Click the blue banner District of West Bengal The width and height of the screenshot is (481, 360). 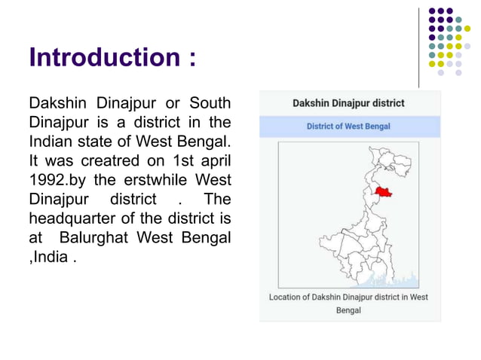click(348, 127)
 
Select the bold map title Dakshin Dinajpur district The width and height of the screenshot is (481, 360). click(348, 103)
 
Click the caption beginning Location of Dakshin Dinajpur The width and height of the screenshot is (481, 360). click(348, 297)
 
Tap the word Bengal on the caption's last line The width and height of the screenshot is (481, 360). click(348, 310)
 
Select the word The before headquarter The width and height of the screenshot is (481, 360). click(217, 200)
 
